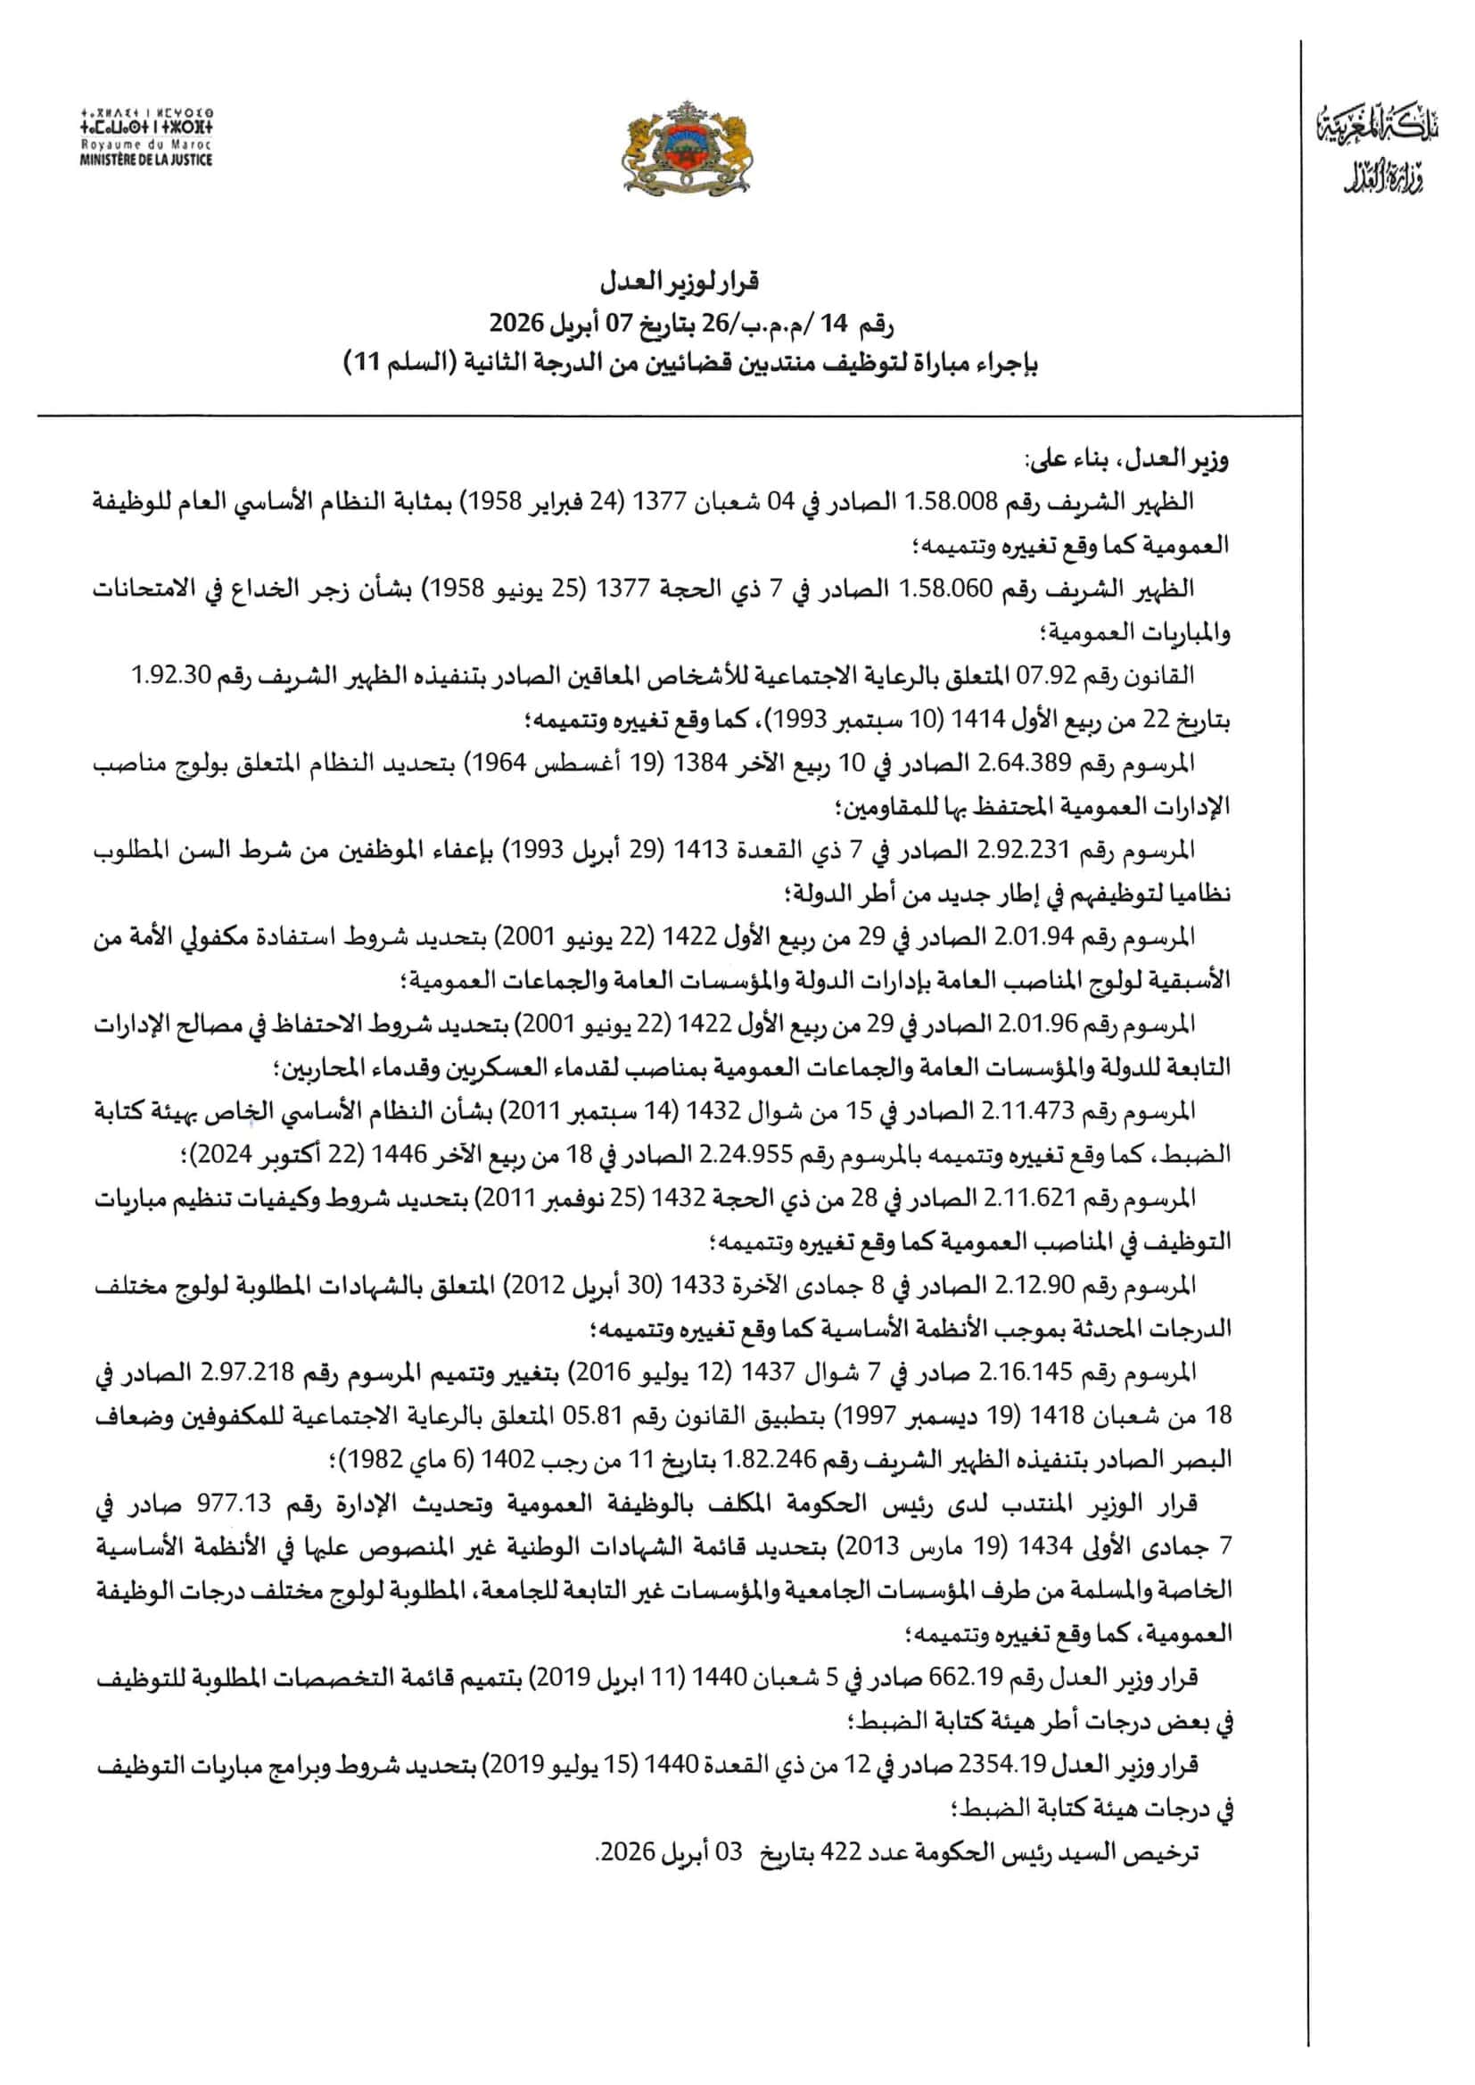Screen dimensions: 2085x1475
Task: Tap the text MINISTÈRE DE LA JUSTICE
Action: tap(146, 160)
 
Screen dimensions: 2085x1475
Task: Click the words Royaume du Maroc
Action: tap(146, 145)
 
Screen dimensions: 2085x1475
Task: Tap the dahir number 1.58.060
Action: tap(1033, 589)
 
